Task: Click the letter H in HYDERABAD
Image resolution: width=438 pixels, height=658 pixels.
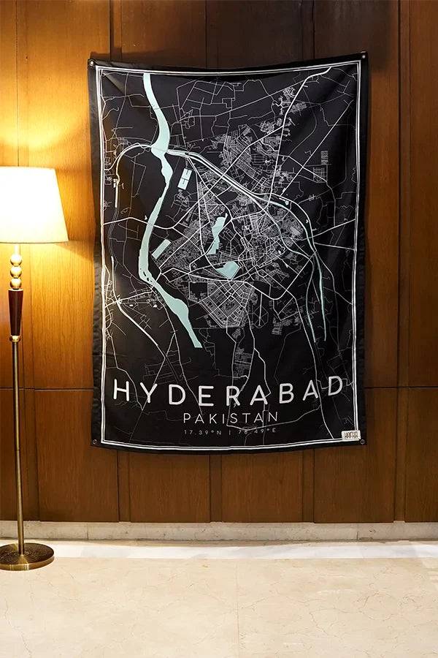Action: tap(122, 391)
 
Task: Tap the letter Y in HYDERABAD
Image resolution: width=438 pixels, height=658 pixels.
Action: tap(150, 392)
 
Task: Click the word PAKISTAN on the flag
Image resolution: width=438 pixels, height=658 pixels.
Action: tap(231, 417)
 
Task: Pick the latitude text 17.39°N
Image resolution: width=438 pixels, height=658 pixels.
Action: tap(202, 432)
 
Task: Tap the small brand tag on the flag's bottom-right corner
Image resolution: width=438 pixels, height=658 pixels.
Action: tap(351, 435)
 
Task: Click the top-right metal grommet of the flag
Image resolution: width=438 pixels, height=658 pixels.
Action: tap(362, 56)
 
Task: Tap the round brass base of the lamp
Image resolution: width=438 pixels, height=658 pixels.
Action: tap(26, 556)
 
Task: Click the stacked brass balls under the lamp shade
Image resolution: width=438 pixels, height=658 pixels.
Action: tap(15, 268)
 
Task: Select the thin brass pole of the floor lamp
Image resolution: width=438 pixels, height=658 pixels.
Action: tap(18, 439)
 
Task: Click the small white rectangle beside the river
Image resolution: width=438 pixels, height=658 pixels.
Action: tap(186, 178)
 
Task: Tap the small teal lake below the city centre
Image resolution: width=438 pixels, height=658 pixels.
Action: tap(228, 269)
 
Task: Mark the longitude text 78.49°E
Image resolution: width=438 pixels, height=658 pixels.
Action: tap(258, 432)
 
